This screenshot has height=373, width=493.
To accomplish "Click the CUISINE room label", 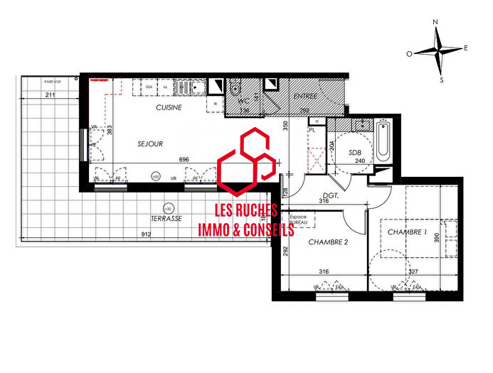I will click(169, 107).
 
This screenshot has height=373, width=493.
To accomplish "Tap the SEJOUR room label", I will click(150, 144).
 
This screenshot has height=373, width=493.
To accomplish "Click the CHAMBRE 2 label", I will click(328, 242).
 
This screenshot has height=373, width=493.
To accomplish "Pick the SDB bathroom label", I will click(355, 153).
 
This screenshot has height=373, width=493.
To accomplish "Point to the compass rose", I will click(440, 50).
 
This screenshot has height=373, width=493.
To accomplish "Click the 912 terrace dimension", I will click(146, 234).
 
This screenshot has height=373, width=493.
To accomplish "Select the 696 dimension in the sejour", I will click(184, 160).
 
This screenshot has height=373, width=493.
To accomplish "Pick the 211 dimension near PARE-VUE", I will click(49, 94).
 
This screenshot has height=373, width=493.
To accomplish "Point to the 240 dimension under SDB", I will click(359, 161).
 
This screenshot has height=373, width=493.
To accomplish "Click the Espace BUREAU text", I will click(298, 219).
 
